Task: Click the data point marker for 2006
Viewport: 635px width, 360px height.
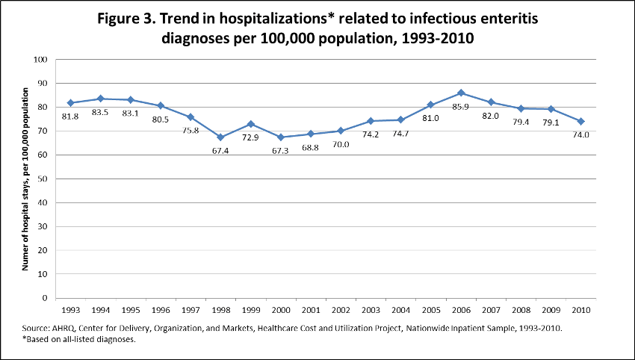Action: pos(461,93)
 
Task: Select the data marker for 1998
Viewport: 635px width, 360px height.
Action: pos(220,137)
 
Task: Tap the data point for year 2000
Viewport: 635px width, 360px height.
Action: pos(280,137)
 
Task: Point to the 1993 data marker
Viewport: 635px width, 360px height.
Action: pos(70,102)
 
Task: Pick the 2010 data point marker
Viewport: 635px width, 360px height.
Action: pos(581,121)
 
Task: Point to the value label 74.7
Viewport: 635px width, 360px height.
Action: pos(400,133)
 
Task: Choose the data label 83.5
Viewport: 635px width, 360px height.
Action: pos(101,111)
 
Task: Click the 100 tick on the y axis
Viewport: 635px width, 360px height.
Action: pos(42,60)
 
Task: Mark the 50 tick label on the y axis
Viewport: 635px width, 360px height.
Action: pos(44,179)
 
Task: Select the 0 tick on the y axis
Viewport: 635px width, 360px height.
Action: pos(46,298)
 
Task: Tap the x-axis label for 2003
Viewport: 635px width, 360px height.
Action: pos(371,309)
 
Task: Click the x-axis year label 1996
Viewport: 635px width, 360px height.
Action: pos(160,309)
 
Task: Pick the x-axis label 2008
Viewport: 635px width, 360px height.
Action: pos(521,309)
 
